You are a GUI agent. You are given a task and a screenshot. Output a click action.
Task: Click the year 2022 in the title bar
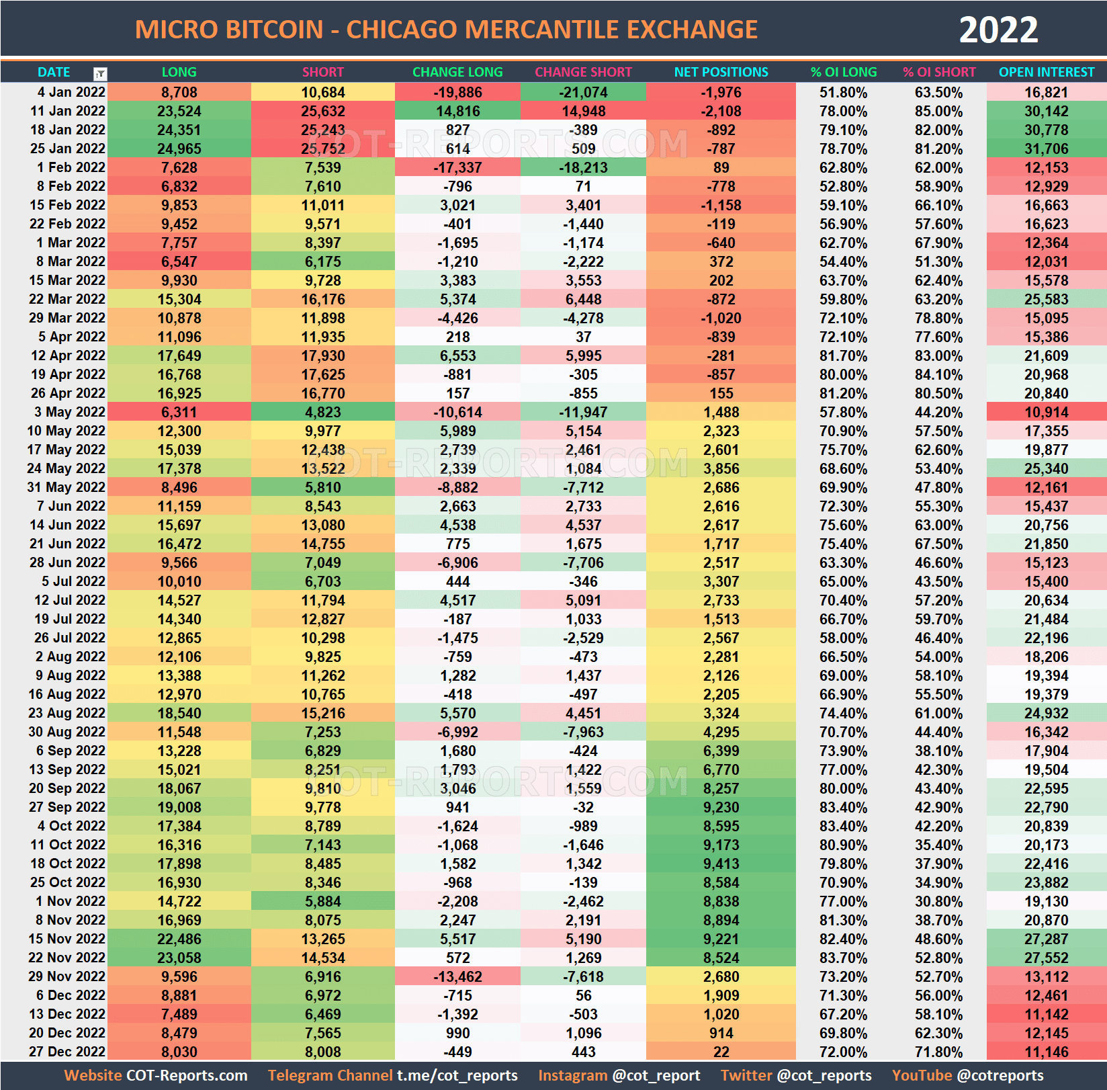[x=998, y=30]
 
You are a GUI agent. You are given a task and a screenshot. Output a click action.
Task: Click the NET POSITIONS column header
[x=721, y=72]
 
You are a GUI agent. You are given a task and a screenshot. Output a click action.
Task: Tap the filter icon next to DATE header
[x=100, y=74]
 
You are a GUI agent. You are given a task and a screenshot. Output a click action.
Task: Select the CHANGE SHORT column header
[x=583, y=72]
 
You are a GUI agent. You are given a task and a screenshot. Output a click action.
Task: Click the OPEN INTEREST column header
[x=1046, y=72]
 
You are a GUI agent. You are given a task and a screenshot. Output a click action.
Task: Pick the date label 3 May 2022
[x=69, y=412]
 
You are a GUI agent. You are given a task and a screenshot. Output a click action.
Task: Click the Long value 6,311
[x=179, y=412]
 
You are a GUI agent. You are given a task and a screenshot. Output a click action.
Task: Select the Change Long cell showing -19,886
[x=457, y=92]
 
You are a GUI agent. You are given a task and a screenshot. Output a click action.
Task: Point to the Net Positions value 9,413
[x=721, y=864]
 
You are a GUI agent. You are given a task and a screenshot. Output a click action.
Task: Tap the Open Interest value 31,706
[x=1046, y=149]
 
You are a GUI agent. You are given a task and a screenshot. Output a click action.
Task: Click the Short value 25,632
[x=322, y=111]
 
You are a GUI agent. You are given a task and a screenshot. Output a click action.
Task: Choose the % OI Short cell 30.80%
[x=938, y=901]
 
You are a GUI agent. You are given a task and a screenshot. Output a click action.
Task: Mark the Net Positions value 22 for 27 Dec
[x=721, y=1052]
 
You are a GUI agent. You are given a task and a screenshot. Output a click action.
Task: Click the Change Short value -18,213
[x=583, y=167]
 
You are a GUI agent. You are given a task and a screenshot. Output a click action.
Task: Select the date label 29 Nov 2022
[x=67, y=976]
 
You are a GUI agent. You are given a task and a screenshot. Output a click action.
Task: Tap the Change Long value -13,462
[x=457, y=976]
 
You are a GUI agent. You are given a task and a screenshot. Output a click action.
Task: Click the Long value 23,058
[x=179, y=958]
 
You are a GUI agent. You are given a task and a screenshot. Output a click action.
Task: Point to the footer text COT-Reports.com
[x=187, y=1075]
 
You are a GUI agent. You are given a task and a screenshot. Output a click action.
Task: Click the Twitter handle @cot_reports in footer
[x=824, y=1075]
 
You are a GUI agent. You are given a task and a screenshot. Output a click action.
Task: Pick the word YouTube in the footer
[x=922, y=1075]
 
